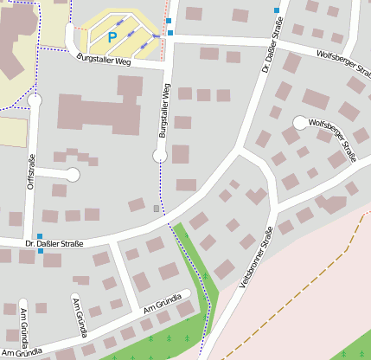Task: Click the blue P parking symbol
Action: (x=112, y=37)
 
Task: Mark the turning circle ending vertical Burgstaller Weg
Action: (x=160, y=156)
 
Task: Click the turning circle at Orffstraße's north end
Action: (x=35, y=101)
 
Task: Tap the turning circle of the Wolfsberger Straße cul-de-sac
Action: (x=300, y=123)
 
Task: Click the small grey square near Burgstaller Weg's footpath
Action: (x=156, y=209)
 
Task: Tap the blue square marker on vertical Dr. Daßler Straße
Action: (x=277, y=10)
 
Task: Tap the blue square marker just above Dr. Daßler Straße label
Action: (x=40, y=236)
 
